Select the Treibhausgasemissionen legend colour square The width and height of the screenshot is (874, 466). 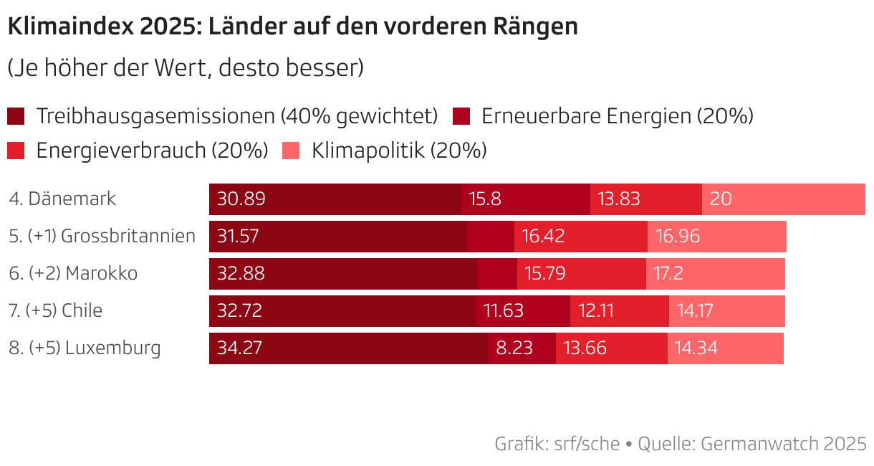point(16,116)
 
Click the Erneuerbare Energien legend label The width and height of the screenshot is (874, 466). point(617,116)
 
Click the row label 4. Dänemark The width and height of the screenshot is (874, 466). point(62,199)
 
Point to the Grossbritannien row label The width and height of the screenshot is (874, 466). point(102,236)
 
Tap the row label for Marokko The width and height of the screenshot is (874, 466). point(73,273)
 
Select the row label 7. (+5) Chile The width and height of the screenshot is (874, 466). point(56,310)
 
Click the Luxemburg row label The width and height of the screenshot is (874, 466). point(85,348)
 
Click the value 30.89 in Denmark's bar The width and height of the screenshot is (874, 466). point(241,199)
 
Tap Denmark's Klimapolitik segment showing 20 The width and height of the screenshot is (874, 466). point(783,199)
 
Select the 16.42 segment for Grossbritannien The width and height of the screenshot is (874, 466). point(580,236)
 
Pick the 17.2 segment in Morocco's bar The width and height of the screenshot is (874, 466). point(715,273)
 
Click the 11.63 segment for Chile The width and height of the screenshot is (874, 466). point(522,310)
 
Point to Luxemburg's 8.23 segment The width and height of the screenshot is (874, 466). point(522,348)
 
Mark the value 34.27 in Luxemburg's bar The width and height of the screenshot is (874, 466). point(240,348)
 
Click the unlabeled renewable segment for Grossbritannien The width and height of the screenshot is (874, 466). point(491,236)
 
